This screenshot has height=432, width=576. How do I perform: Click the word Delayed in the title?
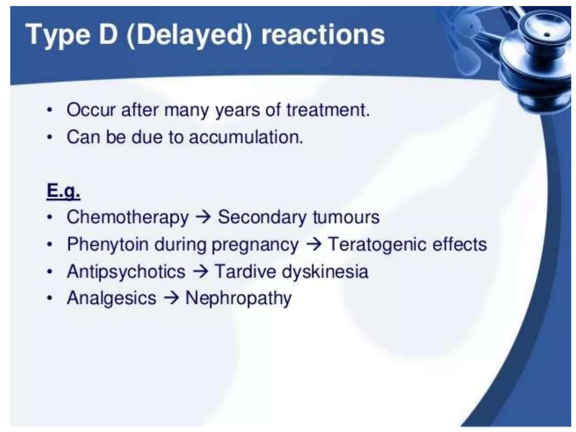tap(188, 35)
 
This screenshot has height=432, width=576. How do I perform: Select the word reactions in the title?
tap(323, 35)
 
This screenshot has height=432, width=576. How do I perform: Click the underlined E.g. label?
tap(63, 191)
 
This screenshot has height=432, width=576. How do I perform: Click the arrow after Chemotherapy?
tap(203, 217)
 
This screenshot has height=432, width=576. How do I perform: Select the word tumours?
tap(346, 217)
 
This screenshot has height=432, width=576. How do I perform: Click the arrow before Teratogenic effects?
tap(313, 244)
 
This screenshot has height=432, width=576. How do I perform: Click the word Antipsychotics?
tap(126, 272)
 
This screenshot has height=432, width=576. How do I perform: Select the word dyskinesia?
tap(325, 272)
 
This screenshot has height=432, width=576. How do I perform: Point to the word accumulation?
tap(246, 137)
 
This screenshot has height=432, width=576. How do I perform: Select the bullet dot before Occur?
tap(50, 110)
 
